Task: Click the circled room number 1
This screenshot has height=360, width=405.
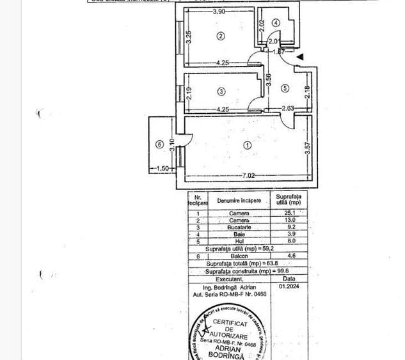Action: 248,145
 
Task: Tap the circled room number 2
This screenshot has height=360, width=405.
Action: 221,36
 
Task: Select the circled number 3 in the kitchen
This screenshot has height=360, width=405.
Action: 221,91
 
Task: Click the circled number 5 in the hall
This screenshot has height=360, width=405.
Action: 285,88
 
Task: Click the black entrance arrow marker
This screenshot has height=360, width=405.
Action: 300,58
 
